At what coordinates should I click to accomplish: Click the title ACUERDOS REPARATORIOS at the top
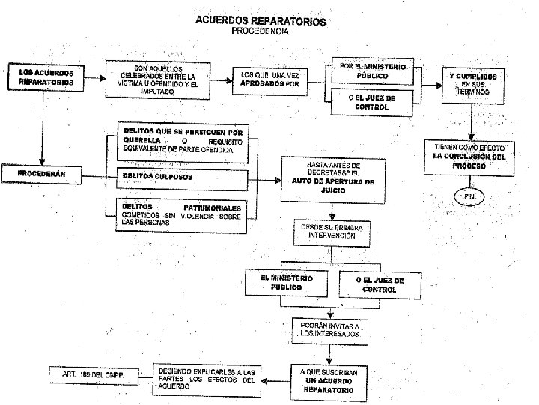[x=260, y=22]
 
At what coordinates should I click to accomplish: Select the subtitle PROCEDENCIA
[x=260, y=31]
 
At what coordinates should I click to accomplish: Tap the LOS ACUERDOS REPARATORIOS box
[x=46, y=77]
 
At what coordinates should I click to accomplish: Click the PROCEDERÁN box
[x=43, y=175]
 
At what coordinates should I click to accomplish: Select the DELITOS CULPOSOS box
[x=183, y=178]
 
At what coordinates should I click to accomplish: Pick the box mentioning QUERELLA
[x=183, y=140]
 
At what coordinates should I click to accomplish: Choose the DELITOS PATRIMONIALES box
[x=183, y=212]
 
